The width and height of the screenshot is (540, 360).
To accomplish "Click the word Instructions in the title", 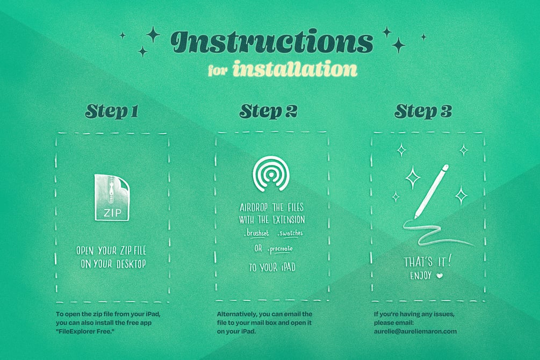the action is point(272,42).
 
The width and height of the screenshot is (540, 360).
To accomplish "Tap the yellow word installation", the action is point(295,69).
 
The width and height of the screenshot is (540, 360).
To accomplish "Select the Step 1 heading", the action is point(112,111).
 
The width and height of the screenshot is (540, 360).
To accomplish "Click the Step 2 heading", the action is point(268,111).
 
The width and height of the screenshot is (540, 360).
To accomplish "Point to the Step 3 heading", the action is point(423,111).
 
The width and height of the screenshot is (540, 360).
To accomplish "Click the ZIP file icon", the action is point(112,197).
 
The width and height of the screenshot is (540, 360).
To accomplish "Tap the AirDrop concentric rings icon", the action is point(271,174).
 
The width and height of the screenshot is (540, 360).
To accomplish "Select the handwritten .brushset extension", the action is point(256,234).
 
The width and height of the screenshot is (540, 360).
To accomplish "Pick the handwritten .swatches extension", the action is point(290,234).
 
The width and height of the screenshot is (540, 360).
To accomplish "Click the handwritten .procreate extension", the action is point(280,249).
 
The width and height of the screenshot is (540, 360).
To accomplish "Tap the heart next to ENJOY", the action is point(440,276).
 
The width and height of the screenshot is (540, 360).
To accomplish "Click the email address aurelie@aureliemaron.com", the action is point(415,332).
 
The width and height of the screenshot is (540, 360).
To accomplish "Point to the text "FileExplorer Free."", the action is point(85,332).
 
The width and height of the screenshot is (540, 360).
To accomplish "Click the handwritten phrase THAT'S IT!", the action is point(427,262).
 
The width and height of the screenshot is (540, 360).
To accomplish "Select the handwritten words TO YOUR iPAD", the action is point(272,268).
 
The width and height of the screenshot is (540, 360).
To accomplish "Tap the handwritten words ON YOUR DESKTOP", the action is point(113,264).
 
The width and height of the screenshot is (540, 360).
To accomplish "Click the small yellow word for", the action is point(218,70).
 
